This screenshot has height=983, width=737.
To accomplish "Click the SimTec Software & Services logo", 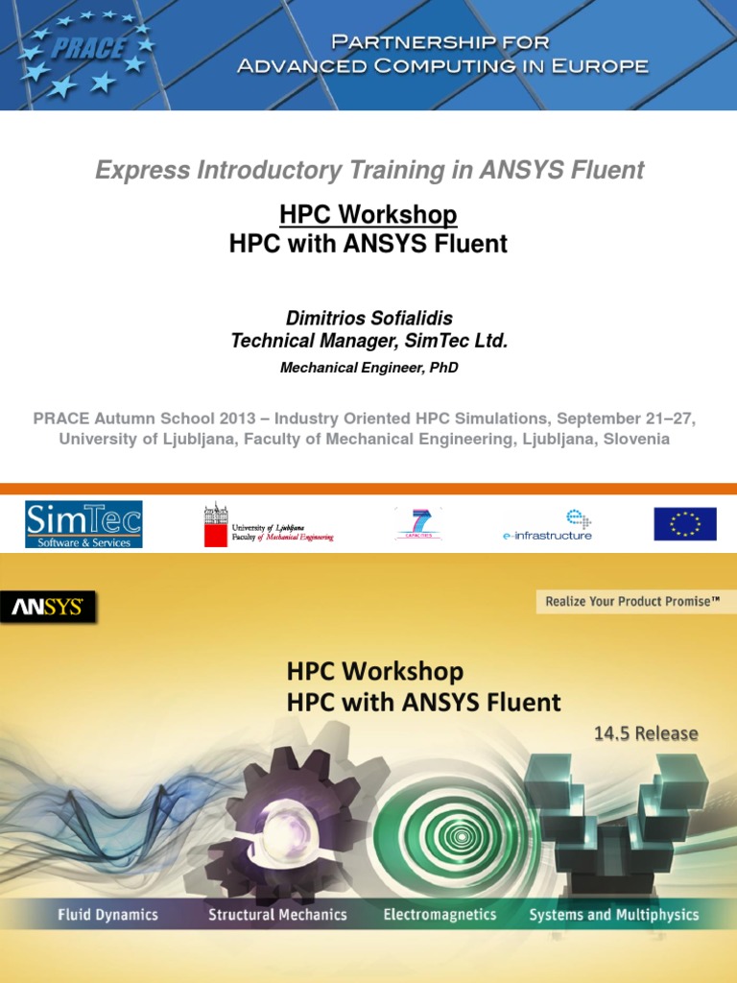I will [83, 524].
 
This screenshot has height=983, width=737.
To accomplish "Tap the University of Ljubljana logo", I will [268, 525].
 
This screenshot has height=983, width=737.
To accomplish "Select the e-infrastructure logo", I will [548, 525].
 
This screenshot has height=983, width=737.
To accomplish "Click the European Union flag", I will [685, 524].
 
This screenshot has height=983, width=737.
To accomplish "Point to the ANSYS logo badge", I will [48, 607].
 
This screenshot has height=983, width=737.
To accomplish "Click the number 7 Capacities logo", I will [418, 524].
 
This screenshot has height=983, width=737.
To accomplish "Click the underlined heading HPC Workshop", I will [368, 214].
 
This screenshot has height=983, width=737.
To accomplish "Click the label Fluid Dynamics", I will [107, 914].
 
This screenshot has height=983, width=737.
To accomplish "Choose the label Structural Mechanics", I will [277, 914].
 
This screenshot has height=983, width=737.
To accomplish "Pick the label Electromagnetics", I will [440, 914].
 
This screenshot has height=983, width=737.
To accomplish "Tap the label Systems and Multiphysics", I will [614, 914].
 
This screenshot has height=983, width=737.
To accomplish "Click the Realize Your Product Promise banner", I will [632, 602].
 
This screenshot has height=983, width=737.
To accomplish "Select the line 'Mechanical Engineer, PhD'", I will [368, 368].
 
